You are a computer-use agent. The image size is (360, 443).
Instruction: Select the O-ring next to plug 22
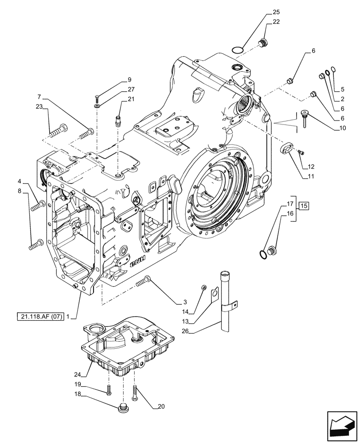tap(238, 49)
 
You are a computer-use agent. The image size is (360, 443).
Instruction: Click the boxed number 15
tap(304, 205)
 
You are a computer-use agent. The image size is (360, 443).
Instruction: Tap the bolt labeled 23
tap(58, 130)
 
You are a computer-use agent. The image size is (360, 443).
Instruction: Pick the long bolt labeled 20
tap(135, 392)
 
